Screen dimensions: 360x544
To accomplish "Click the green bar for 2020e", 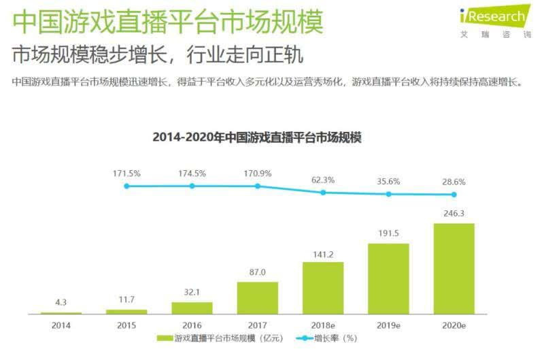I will click(454, 268).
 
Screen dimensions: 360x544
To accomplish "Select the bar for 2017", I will click(257, 297).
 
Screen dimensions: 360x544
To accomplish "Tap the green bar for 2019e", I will click(388, 278).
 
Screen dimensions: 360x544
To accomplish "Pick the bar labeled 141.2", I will click(323, 288).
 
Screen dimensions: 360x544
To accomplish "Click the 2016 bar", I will click(192, 308).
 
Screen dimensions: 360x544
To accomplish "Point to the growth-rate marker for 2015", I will click(126, 186).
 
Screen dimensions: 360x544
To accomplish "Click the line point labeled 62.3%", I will click(323, 193).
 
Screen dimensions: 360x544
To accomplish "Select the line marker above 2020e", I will click(454, 195).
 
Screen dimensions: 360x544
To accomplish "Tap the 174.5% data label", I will click(192, 174).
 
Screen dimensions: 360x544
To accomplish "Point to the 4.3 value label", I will click(61, 301).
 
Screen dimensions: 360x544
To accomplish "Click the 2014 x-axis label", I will click(61, 325).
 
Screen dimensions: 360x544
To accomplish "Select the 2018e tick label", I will click(323, 325).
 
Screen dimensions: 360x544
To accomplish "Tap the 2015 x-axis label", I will click(126, 325).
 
